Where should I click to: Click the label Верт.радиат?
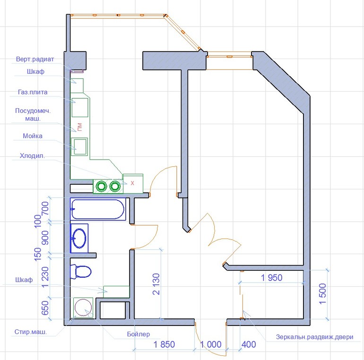(x=35, y=59)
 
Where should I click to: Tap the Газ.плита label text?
(x=33, y=92)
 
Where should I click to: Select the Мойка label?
(x=33, y=136)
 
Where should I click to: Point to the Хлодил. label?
(x=32, y=155)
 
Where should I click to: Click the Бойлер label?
(x=139, y=334)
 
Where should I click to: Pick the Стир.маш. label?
(x=31, y=332)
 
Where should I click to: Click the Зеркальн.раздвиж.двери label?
(x=314, y=337)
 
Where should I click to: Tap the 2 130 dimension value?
(x=156, y=284)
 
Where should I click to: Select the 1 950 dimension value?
(x=272, y=278)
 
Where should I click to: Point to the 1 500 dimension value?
(x=323, y=293)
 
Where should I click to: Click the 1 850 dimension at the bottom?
(x=164, y=344)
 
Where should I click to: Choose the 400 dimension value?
(x=249, y=344)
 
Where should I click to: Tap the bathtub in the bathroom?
(x=98, y=209)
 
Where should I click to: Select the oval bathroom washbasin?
(x=79, y=238)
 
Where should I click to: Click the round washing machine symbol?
(x=83, y=308)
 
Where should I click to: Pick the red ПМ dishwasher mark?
(x=80, y=127)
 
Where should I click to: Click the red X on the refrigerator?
(x=132, y=183)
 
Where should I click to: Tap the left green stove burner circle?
(x=102, y=186)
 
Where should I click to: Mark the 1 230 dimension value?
(x=45, y=277)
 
